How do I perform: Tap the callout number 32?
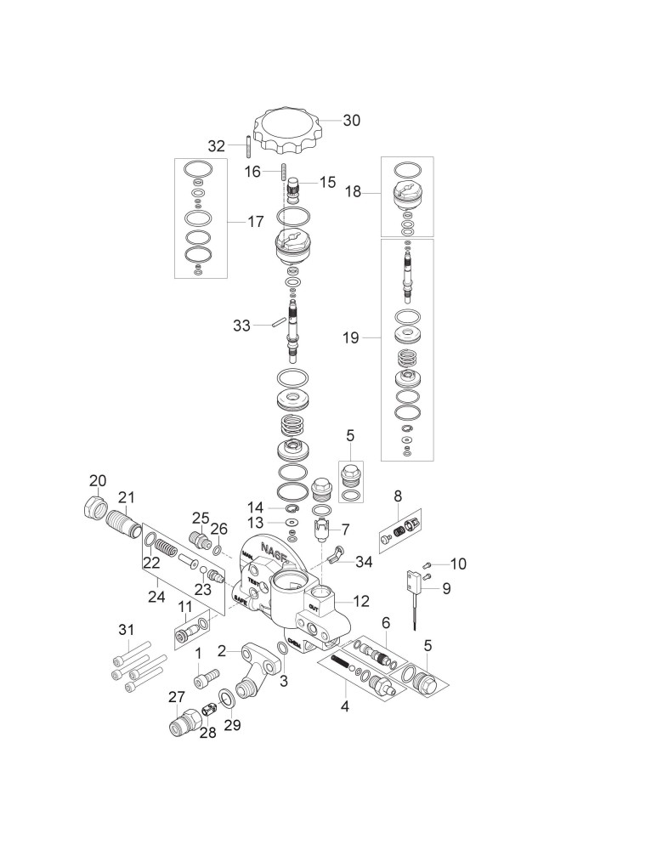[x=217, y=145]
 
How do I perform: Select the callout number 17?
[x=255, y=222]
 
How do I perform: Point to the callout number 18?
[x=353, y=193]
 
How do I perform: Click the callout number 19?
[x=351, y=338]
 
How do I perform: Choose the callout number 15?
[x=327, y=182]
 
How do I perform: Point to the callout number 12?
[x=361, y=601]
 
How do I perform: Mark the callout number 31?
[x=126, y=630]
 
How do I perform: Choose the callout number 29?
[x=231, y=725]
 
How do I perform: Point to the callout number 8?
[x=397, y=496]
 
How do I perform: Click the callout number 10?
[x=458, y=563]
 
